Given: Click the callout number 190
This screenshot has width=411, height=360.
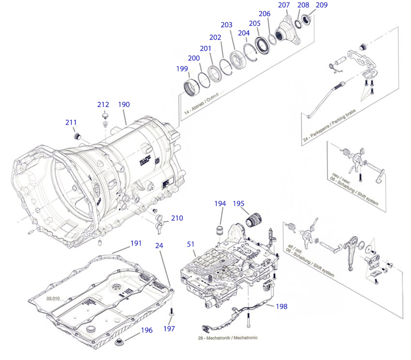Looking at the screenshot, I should [124, 104].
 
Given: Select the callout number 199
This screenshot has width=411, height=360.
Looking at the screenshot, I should [182, 69].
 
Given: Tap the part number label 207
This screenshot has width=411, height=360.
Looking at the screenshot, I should [284, 5].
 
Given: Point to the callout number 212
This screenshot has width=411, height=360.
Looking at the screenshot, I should [103, 104].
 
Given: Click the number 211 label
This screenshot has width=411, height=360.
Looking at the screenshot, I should [72, 122].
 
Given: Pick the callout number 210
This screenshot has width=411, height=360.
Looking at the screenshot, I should [176, 218].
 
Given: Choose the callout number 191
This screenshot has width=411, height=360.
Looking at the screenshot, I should [136, 243].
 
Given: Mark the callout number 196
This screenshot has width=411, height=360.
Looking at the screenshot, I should [147, 331].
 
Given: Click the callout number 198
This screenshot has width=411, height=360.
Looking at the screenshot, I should [281, 306].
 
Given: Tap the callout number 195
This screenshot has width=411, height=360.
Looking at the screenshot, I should [239, 203].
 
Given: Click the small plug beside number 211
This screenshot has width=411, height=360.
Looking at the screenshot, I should [76, 135].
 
